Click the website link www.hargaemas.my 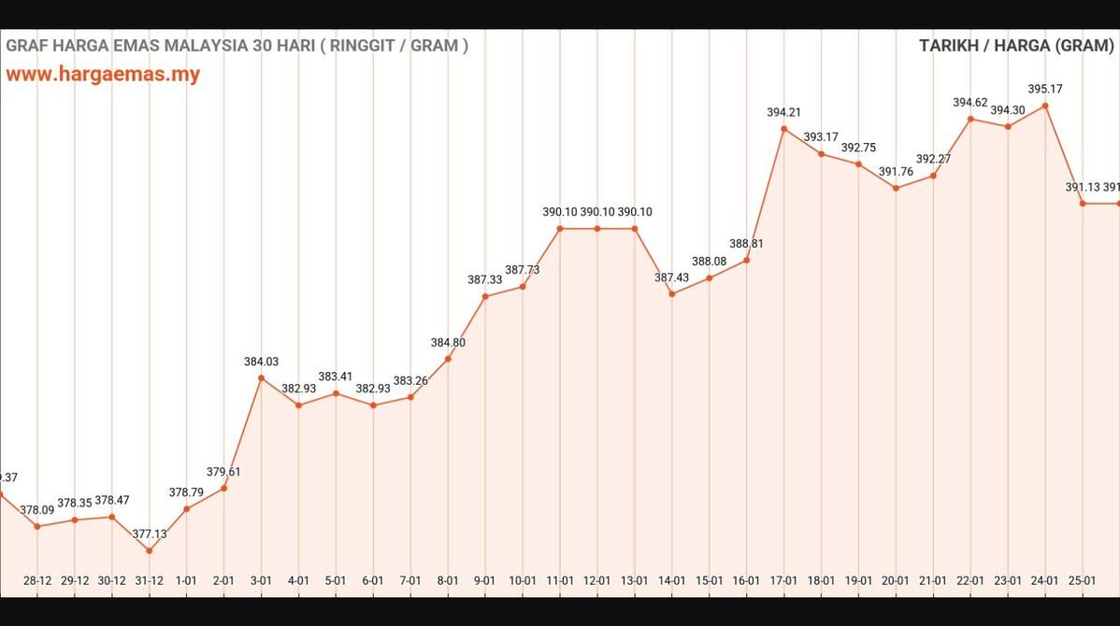(x=103, y=75)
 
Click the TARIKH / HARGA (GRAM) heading (x=1016, y=46)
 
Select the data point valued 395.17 (x=1045, y=106)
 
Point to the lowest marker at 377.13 (x=149, y=550)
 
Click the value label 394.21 (x=783, y=112)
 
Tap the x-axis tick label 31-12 (x=149, y=580)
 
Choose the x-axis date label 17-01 (x=783, y=580)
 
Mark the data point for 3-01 (x=261, y=378)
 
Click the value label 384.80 (x=448, y=342)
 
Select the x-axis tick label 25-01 (x=1082, y=580)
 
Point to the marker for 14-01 (x=671, y=293)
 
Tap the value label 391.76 (x=896, y=172)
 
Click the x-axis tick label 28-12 (x=37, y=580)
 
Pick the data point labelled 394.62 (x=970, y=119)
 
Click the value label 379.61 (x=223, y=472)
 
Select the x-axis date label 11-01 (x=559, y=580)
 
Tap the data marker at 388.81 (x=746, y=260)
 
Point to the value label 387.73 (x=523, y=270)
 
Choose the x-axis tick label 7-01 (x=410, y=580)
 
